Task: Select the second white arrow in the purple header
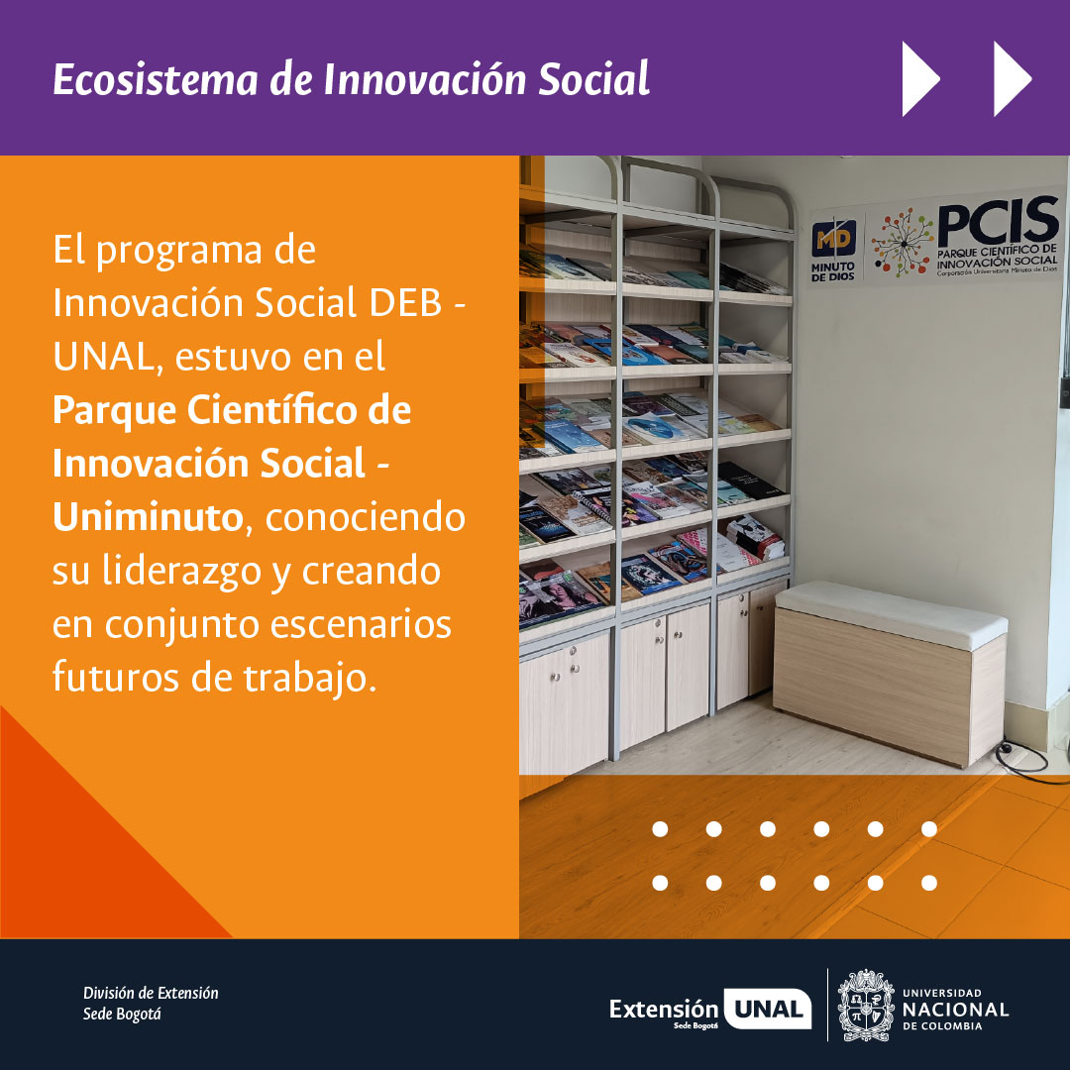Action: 1012,78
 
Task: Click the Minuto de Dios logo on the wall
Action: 834,251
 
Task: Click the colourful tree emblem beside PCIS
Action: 902,244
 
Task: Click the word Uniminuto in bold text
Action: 147,517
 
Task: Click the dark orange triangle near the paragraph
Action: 89,852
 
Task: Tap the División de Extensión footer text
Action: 151,993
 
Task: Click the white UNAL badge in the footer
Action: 768,1010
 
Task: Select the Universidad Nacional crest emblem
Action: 865,1005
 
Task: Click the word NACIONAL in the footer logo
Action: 955,1009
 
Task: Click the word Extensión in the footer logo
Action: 664,1009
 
